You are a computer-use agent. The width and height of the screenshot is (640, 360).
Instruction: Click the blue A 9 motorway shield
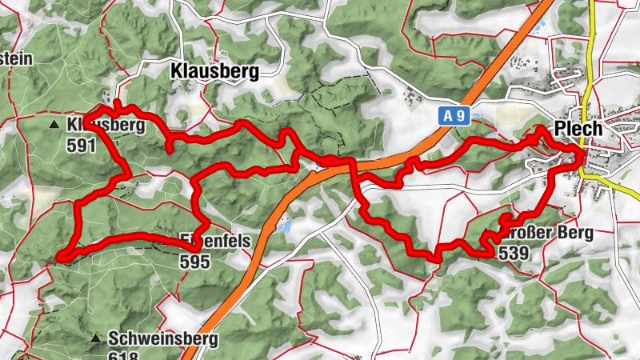(455, 116)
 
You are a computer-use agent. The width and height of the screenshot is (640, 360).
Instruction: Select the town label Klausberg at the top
(215, 71)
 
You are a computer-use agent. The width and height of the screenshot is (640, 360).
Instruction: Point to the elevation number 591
(82, 145)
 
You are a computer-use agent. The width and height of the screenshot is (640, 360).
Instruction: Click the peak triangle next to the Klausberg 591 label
(54, 125)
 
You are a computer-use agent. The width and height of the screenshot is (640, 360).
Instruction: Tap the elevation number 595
(194, 261)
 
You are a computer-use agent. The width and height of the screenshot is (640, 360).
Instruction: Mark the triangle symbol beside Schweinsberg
(96, 338)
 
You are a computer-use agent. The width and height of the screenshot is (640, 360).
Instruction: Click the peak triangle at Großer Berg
(488, 234)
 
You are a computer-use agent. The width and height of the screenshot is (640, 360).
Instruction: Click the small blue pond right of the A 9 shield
(478, 117)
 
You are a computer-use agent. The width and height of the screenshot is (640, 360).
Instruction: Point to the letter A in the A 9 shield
(450, 116)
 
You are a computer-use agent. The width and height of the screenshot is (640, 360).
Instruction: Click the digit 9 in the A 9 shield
(461, 116)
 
